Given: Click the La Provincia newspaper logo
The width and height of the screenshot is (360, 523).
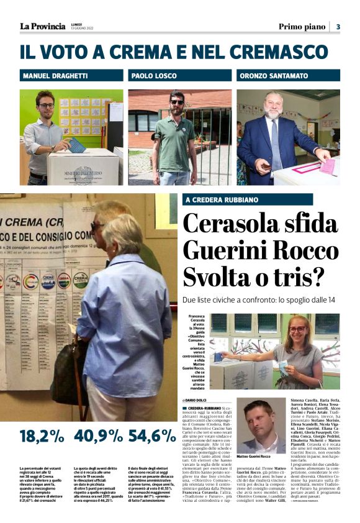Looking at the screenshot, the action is click(x=42, y=26).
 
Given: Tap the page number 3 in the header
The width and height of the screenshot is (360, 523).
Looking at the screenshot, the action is click(x=338, y=27).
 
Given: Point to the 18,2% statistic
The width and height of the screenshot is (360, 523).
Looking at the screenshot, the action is click(x=42, y=435).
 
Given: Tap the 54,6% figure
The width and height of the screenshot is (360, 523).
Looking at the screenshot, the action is click(x=151, y=435).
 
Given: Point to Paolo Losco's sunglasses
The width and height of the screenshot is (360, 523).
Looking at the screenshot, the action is click(x=178, y=101).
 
